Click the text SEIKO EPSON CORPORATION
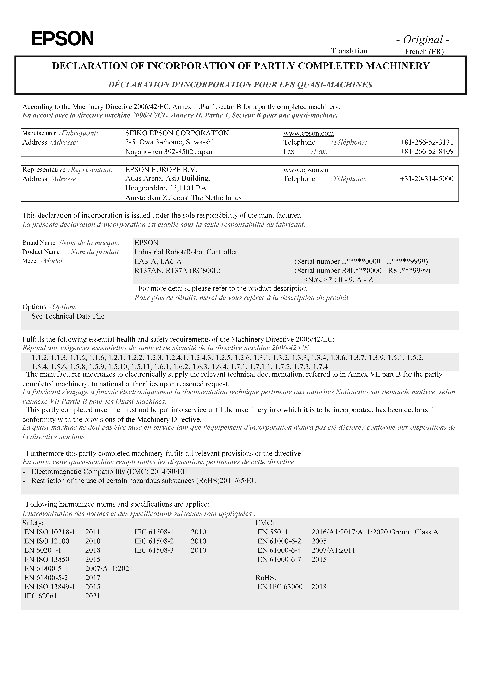coord(177,133)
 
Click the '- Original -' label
coord(423,39)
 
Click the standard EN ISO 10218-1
coord(50,532)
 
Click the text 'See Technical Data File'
coord(68,316)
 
